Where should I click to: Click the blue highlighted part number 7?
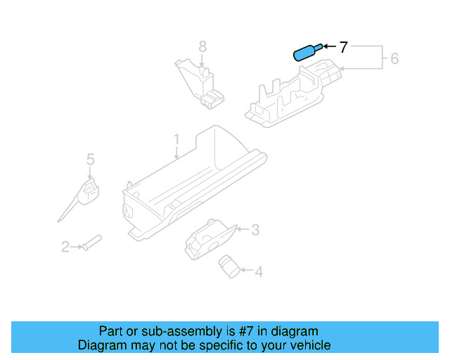pos(306,53)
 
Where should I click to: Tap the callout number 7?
pos(343,47)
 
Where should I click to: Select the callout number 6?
pos(394,58)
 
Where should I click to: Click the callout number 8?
pos(202,47)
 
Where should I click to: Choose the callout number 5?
pos(90,160)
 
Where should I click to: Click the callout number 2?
pos(65,246)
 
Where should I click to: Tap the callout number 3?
pos(255,229)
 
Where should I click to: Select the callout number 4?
pos(258,271)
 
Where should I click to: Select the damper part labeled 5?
pos(86,193)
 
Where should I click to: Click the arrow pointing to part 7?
pos(330,48)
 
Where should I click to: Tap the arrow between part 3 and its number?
pos(243,229)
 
